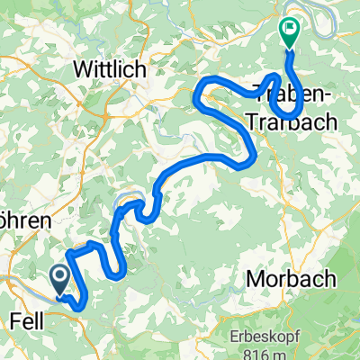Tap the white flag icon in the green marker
pos(290,29)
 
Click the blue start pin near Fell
pos(60,278)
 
